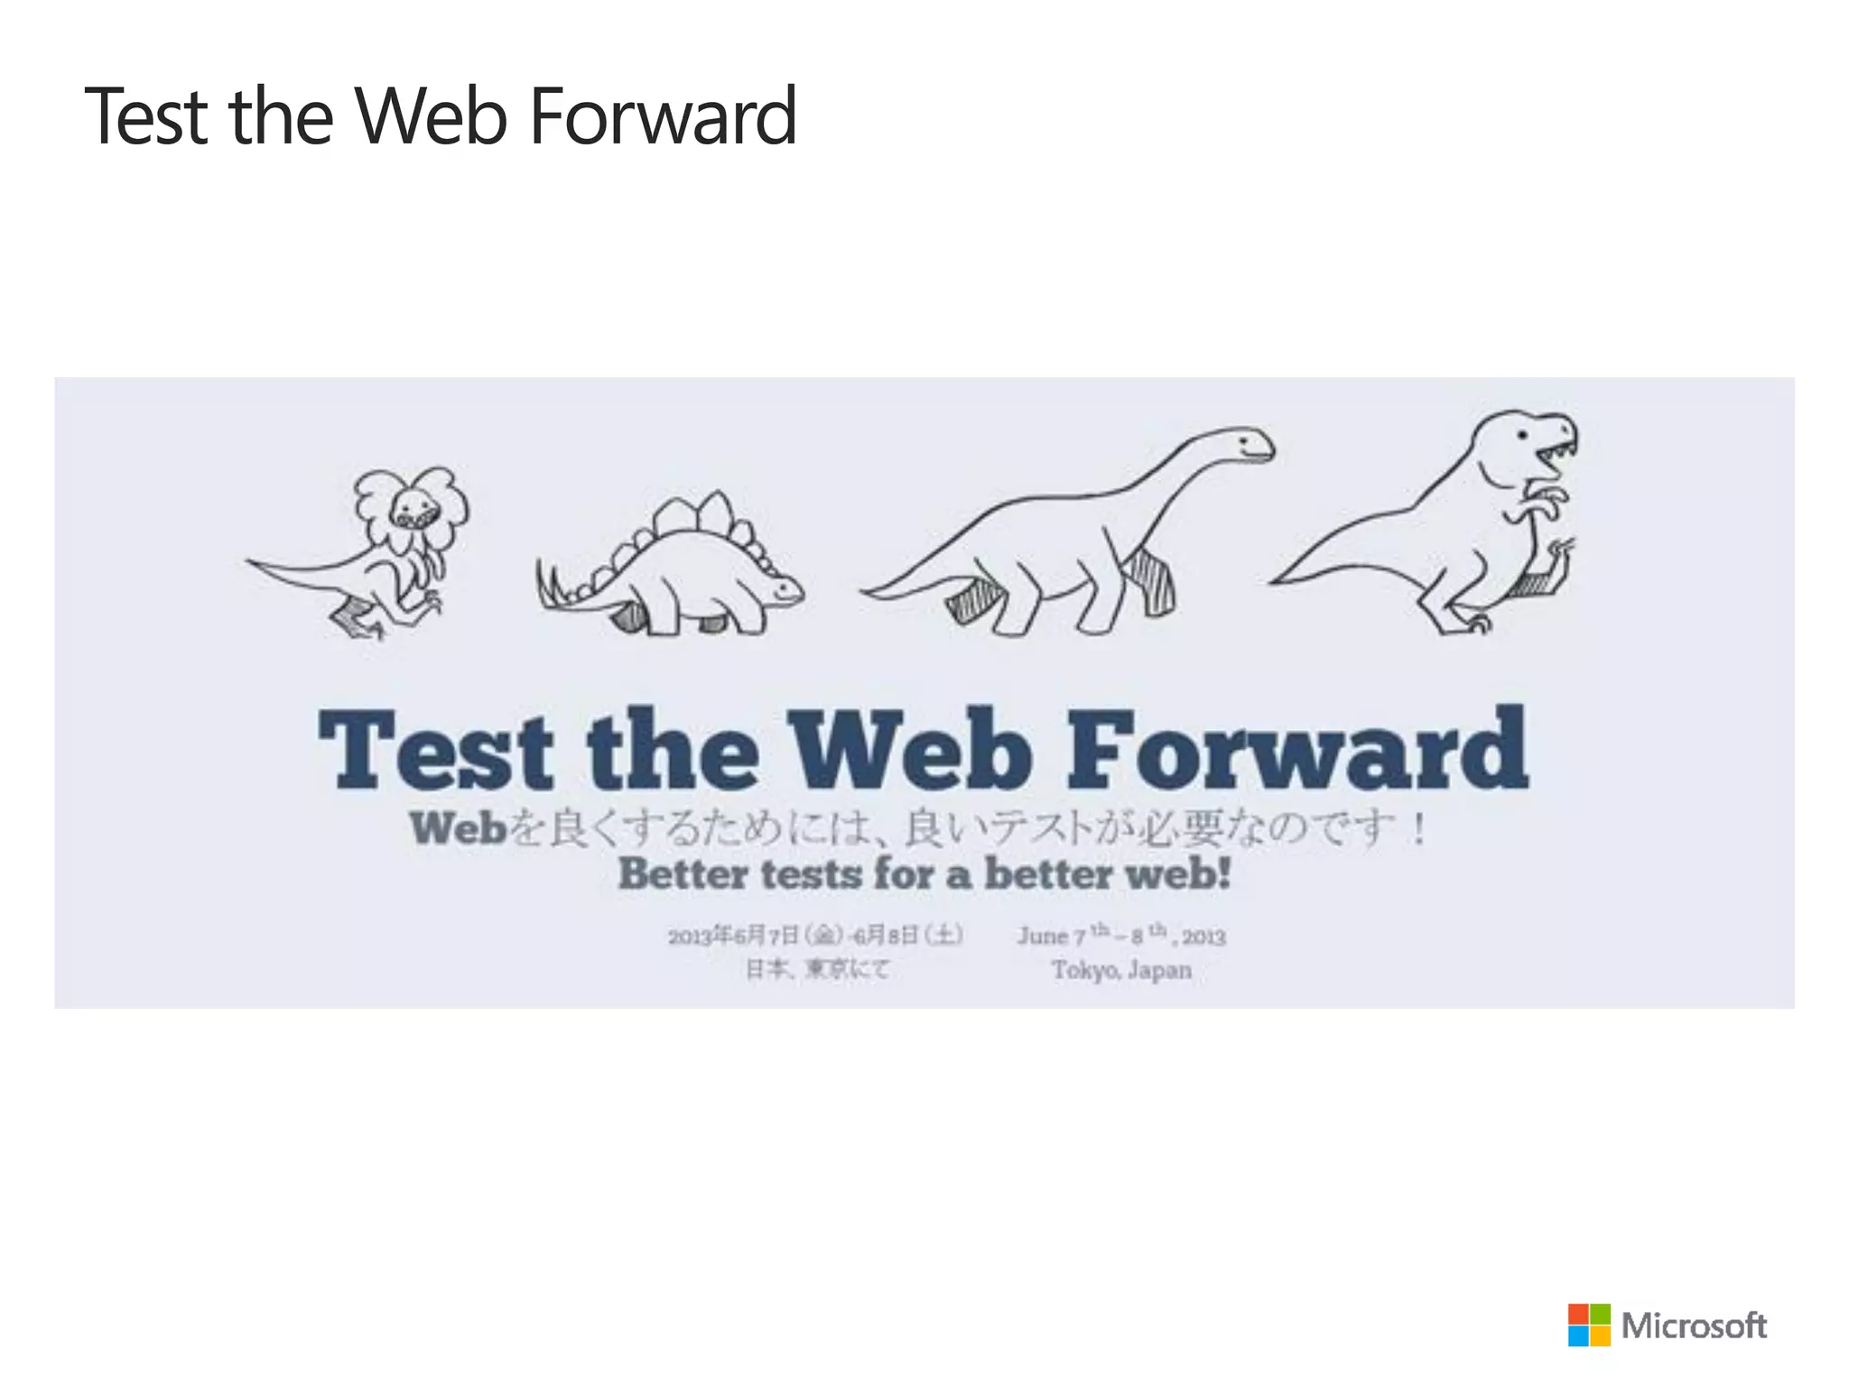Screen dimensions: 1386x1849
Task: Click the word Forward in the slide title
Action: (663, 117)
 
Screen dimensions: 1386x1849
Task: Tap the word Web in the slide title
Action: (431, 117)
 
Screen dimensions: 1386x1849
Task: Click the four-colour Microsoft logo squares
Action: (1589, 1325)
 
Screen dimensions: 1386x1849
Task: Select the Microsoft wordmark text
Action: (1694, 1326)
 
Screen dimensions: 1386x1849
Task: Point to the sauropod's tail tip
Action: (865, 592)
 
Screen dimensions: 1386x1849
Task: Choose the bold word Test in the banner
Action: (435, 751)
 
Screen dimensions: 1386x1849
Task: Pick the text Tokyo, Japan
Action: (1121, 970)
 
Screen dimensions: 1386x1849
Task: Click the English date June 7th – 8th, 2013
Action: (1121, 935)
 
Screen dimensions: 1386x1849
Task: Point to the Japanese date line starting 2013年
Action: (815, 935)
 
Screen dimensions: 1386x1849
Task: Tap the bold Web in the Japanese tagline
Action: (458, 828)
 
